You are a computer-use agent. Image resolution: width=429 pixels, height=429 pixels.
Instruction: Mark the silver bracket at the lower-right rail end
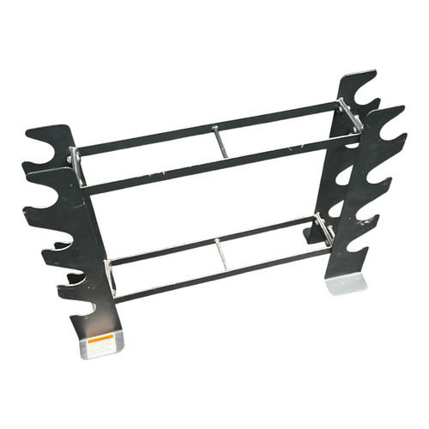(x=324, y=228)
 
